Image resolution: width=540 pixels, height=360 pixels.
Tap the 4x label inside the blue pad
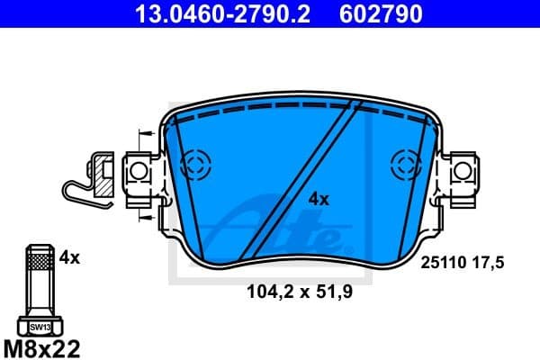[x=319, y=199]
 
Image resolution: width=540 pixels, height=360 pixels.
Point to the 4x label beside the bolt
[x=69, y=257]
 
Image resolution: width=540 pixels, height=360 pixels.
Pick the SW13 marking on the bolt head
[x=40, y=328]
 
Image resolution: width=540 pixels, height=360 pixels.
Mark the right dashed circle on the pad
[x=406, y=164]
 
